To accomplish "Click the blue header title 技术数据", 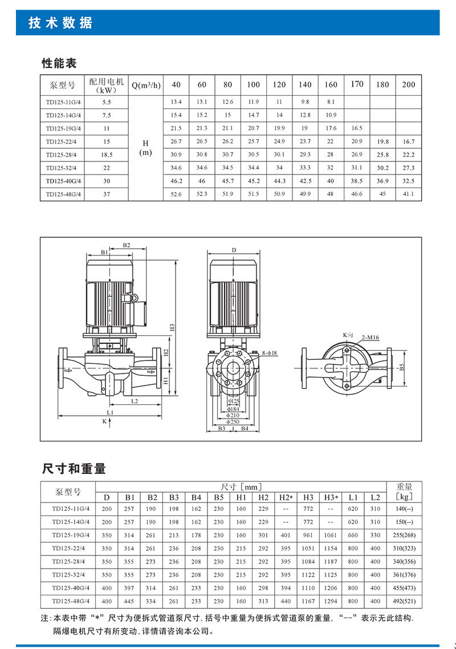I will point(60,23).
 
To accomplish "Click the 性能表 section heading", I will point(59,63).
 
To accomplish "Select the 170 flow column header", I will point(357,84).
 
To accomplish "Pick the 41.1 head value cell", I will point(408,194).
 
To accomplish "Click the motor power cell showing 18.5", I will point(107,155).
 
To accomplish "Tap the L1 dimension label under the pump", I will point(110,412).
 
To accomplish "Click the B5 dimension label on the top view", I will point(401,368).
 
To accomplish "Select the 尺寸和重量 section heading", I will point(74,469).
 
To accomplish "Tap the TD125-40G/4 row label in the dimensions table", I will point(67,588).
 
